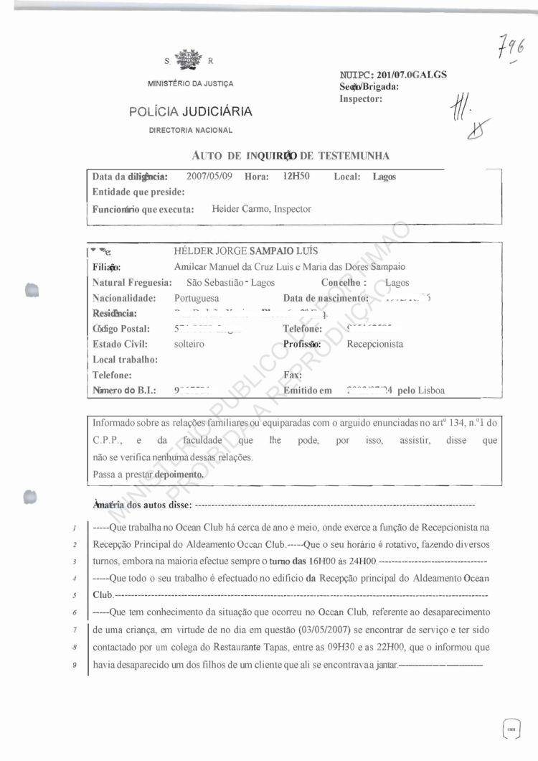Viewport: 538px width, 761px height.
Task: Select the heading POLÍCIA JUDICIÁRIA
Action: tap(190, 111)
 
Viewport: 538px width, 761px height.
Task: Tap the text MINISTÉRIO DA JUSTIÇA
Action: tap(190, 84)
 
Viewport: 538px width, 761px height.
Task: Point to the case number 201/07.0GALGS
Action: tap(407, 75)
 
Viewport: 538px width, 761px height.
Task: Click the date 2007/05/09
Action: tap(209, 176)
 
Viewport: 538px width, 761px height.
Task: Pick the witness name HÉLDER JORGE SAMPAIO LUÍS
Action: tap(246, 251)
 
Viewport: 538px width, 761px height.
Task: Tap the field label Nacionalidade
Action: tap(124, 298)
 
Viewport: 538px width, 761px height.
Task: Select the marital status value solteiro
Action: tap(189, 344)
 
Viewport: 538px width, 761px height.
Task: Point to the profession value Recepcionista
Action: tap(374, 344)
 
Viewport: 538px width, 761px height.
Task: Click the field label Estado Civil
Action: tap(120, 344)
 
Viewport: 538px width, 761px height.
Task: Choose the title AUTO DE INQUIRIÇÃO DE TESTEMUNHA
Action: tap(291, 155)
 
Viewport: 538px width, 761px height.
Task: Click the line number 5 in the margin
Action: tap(75, 595)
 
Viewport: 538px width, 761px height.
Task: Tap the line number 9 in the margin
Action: tap(75, 666)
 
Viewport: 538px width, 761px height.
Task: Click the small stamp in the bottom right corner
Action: tap(511, 729)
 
